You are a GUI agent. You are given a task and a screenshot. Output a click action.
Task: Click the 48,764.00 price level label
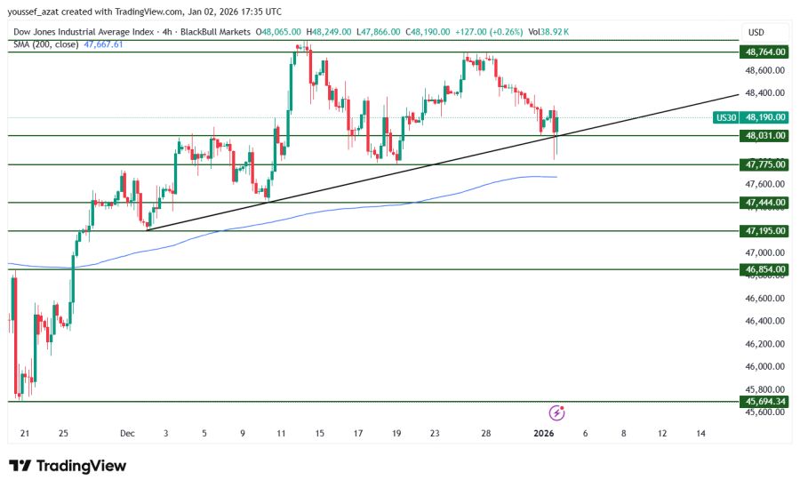[764, 52]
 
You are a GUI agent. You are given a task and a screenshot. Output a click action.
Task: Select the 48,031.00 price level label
[764, 135]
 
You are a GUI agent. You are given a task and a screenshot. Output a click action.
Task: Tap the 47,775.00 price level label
[764, 164]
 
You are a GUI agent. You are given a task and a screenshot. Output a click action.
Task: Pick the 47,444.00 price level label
[764, 203]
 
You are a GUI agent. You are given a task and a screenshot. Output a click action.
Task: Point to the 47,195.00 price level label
[764, 231]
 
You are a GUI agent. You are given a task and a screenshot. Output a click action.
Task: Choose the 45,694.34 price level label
[764, 402]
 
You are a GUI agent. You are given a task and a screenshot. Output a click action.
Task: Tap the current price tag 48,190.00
[764, 117]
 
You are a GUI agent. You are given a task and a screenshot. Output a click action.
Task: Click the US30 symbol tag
[726, 117]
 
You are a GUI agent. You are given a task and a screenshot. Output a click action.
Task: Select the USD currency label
[756, 32]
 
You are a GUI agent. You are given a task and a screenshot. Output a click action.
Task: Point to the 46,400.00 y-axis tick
[764, 321]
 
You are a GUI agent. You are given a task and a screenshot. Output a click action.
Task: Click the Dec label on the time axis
[127, 434]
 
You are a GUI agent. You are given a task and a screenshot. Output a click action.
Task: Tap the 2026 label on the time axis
[544, 434]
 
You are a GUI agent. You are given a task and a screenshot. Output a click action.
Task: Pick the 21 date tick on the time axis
[25, 434]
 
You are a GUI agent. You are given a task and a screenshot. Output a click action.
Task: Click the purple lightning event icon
[556, 412]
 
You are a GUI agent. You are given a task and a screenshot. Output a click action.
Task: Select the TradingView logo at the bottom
[68, 466]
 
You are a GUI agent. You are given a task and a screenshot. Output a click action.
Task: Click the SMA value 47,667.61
[103, 44]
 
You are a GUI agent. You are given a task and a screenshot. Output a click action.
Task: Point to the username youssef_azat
[36, 12]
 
